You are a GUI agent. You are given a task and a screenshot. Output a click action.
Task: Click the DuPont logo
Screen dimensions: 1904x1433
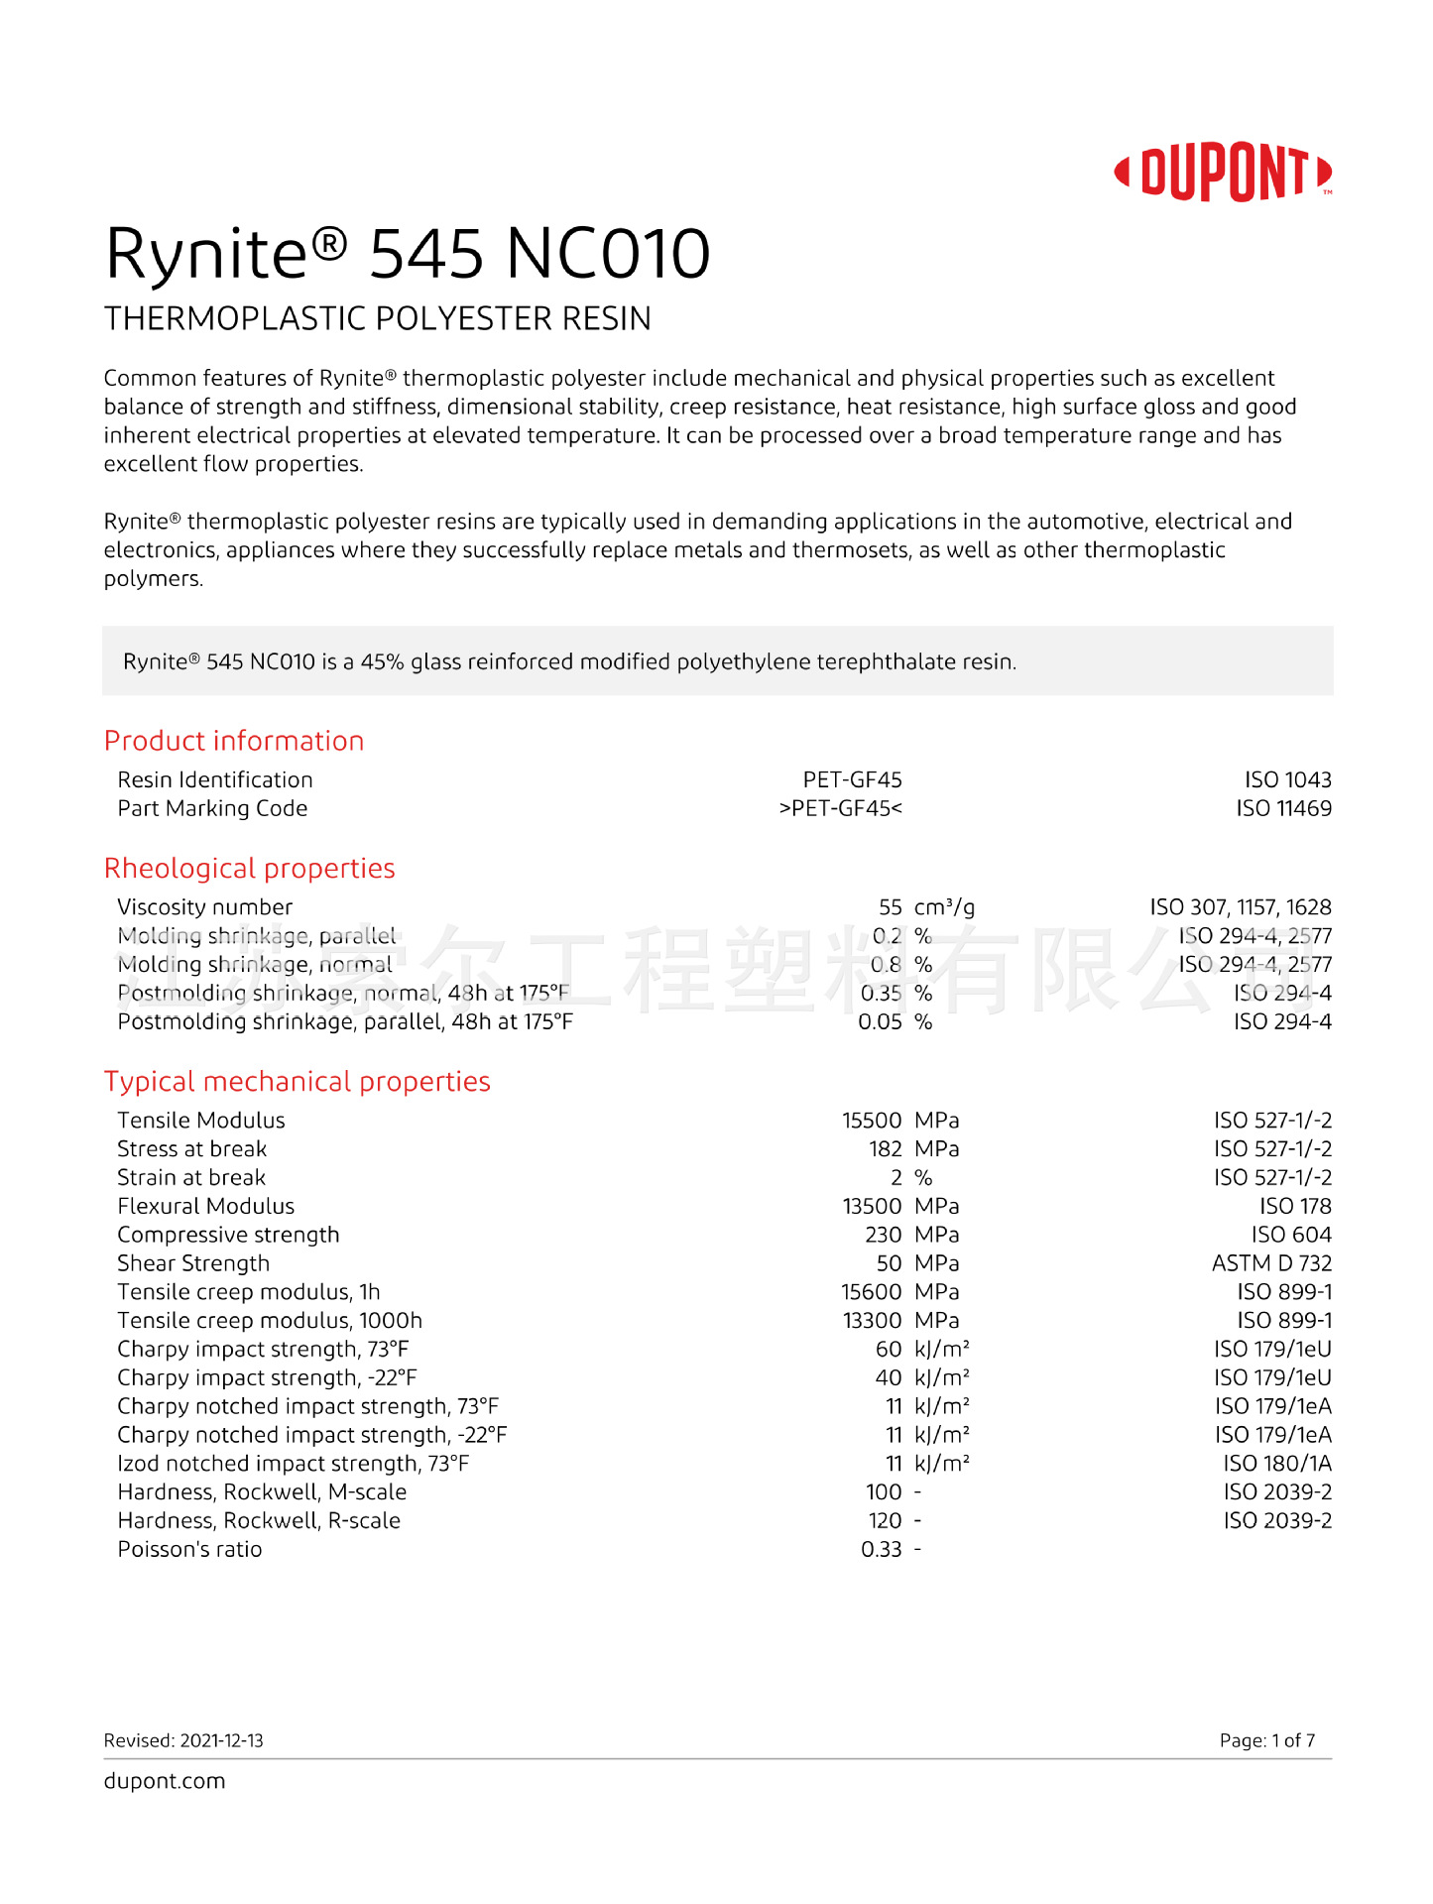click(1224, 173)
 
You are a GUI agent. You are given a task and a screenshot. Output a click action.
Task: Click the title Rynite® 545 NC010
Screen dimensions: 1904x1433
click(408, 254)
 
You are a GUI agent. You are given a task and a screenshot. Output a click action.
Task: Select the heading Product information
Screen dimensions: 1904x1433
click(234, 741)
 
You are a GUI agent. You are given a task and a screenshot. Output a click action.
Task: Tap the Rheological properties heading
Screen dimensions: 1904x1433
click(249, 869)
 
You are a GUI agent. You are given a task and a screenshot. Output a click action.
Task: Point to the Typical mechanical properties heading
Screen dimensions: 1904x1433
click(297, 1082)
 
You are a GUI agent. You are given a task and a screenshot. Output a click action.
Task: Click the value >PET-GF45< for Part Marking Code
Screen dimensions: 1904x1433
click(840, 809)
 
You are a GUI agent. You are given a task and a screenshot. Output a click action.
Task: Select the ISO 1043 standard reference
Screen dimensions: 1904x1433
click(1287, 780)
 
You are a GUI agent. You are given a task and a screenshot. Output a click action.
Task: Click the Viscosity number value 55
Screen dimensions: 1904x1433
click(890, 907)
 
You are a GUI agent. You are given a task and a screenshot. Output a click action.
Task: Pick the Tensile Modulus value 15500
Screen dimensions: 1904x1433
click(872, 1121)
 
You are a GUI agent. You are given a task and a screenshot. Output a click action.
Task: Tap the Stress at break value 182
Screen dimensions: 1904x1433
click(885, 1149)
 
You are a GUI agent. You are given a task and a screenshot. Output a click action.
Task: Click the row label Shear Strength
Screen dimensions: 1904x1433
click(193, 1263)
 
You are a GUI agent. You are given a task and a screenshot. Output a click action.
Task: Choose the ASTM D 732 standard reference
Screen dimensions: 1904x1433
click(1271, 1263)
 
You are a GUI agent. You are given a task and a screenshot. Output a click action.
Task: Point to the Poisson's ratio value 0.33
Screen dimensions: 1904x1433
click(881, 1550)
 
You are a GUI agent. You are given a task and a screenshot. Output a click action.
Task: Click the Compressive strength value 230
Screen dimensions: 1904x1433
click(883, 1236)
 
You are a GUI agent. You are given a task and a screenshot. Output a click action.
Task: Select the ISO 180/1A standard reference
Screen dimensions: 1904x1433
click(1277, 1464)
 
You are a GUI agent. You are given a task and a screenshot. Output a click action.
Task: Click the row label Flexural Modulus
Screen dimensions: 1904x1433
click(205, 1207)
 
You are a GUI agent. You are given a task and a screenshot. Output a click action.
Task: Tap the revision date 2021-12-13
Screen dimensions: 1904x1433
click(222, 1740)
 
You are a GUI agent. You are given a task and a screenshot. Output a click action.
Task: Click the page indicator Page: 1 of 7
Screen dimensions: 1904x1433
click(1266, 1740)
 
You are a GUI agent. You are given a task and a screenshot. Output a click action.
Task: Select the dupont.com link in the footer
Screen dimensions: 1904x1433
click(165, 1781)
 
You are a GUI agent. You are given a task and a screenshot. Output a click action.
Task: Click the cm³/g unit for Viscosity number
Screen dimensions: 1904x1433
click(944, 907)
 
